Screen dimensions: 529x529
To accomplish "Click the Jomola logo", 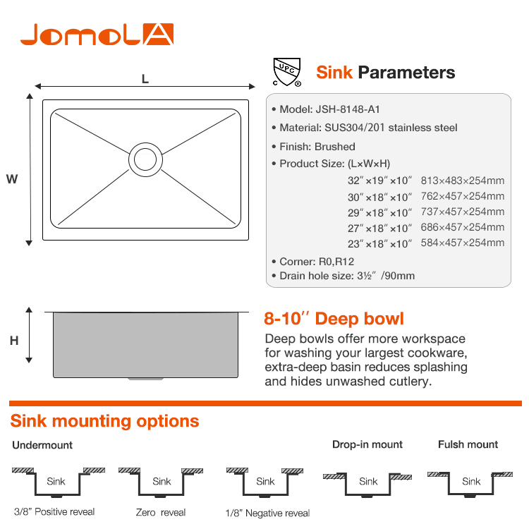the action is click(97, 34).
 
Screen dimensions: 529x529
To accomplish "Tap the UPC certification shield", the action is click(287, 72).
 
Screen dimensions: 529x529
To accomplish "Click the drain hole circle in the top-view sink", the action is click(145, 159).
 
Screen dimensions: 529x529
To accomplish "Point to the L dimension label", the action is click(145, 79).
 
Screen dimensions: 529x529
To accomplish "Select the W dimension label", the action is click(12, 179).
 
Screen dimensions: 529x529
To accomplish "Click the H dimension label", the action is click(14, 341).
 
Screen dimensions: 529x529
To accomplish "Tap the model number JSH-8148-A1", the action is click(348, 109).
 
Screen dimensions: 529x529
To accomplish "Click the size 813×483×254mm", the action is click(463, 181).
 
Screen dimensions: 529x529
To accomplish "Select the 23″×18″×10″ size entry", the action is click(380, 243).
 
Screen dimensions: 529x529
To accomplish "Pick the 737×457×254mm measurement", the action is click(463, 212).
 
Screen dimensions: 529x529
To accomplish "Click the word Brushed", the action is click(334, 147).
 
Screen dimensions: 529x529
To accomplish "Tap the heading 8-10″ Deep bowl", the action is click(334, 319).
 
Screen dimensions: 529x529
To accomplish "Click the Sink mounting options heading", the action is click(104, 421).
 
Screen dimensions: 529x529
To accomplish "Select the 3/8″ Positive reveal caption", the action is click(54, 512).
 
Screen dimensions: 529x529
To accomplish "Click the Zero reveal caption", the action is click(161, 513).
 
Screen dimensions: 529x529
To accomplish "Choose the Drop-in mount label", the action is click(367, 444).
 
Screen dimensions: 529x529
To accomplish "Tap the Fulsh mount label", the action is click(468, 444).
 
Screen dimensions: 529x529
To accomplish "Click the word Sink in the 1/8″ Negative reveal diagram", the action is click(265, 482).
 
